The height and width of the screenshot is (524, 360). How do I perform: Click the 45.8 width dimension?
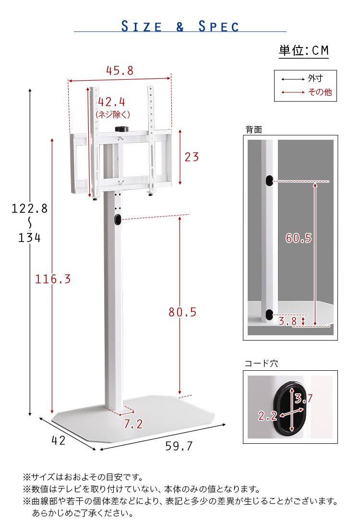[x=120, y=71]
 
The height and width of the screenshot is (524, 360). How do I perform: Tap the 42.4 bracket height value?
[x=111, y=102]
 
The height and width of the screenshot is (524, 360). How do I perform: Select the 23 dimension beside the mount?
[x=192, y=157]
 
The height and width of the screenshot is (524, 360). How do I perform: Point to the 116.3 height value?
[x=53, y=279]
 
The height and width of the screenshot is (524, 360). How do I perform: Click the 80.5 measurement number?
[x=182, y=312]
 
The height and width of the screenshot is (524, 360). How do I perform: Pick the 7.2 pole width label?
[x=133, y=424]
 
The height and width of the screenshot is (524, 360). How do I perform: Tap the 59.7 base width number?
[x=179, y=446]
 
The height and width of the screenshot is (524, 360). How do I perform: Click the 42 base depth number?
[x=59, y=440]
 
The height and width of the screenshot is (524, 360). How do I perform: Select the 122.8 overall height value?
[x=29, y=208]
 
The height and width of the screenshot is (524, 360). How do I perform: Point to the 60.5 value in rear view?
[x=299, y=238]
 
